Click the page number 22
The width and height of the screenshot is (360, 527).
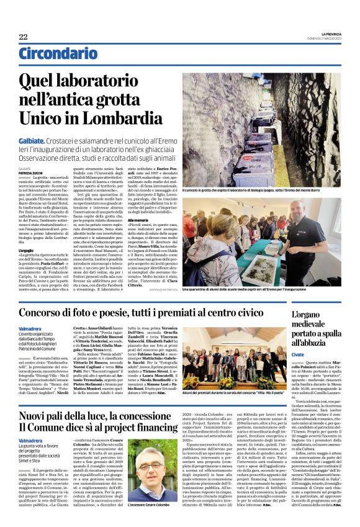23,37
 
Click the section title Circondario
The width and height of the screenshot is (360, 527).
53,54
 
